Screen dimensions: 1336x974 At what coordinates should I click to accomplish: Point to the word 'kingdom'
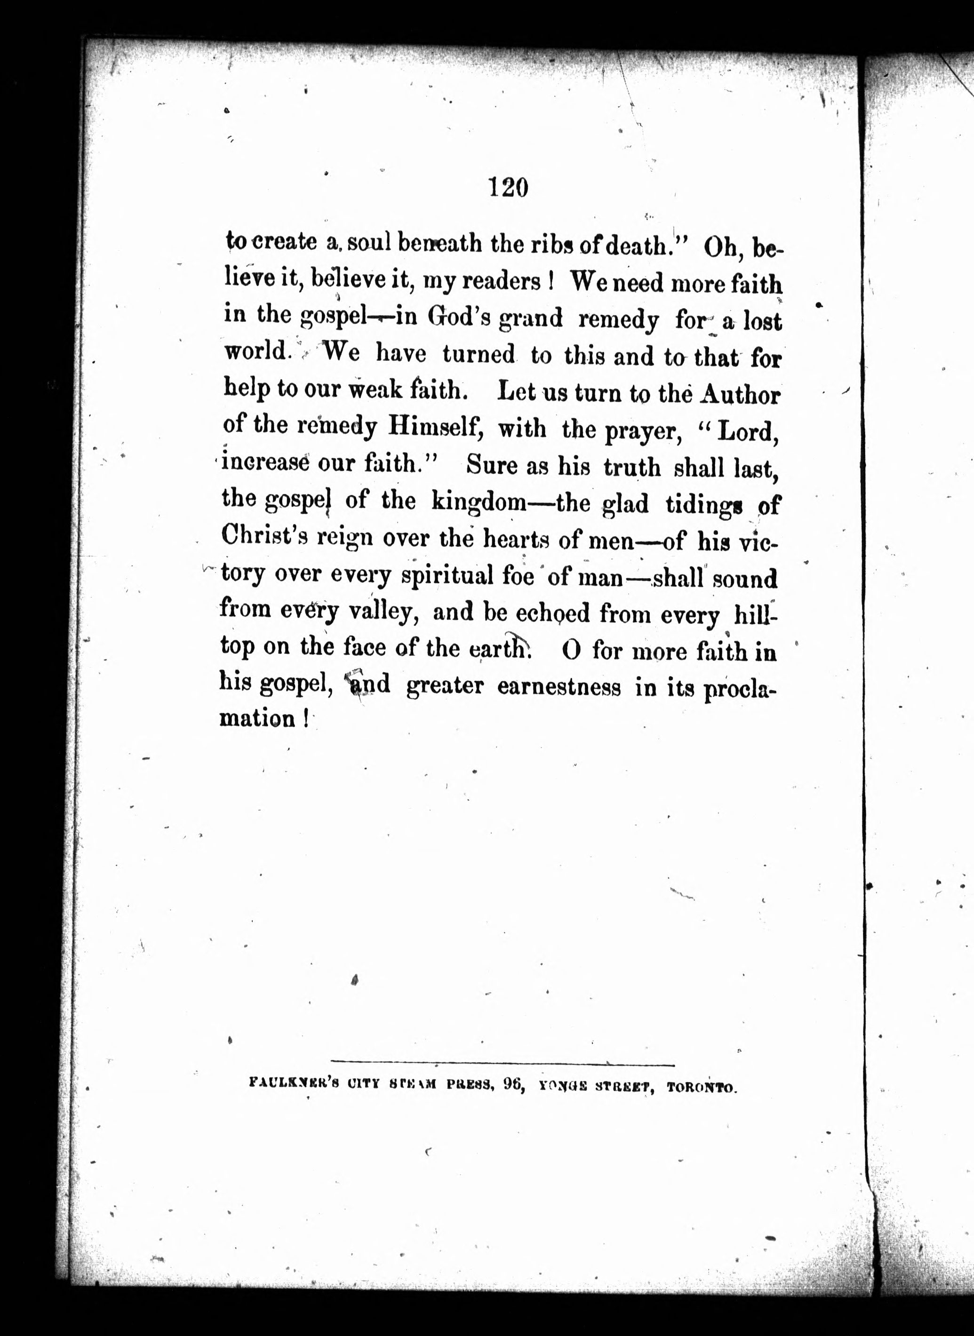pyautogui.click(x=479, y=501)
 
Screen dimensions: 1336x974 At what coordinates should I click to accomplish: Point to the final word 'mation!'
pyautogui.click(x=263, y=719)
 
